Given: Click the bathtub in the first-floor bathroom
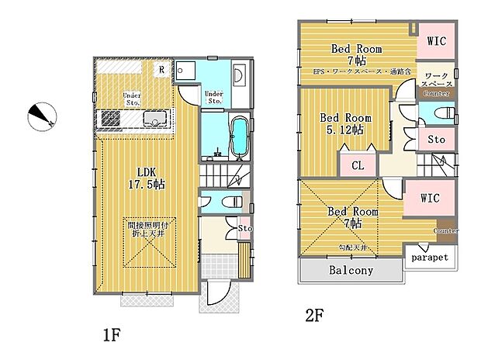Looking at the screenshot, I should click(x=240, y=136).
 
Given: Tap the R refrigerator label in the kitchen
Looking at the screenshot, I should click(x=161, y=69).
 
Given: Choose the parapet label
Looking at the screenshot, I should click(x=430, y=257).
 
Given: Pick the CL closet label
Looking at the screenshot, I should click(x=358, y=164).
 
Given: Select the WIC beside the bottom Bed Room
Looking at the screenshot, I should click(x=429, y=198).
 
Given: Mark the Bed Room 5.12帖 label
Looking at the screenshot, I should click(x=346, y=124).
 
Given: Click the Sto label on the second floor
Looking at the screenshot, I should click(x=437, y=140).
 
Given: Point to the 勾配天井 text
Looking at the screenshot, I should click(x=353, y=247).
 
